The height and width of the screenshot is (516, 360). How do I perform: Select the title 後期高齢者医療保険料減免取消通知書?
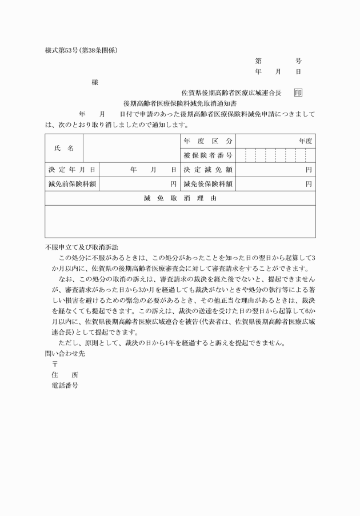181,103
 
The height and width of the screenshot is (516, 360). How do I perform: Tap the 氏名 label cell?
64,148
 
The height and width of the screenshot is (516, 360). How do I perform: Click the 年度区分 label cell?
208,141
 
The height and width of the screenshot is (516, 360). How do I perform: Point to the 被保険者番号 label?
208,155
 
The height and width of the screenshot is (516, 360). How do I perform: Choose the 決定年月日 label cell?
71,170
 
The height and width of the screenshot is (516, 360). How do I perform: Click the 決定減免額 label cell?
208,170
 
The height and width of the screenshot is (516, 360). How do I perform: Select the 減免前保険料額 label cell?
71,184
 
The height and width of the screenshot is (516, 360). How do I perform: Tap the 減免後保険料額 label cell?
208,184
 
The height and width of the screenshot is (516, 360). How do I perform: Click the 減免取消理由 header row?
180,198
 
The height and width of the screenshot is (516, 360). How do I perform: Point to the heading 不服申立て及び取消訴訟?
81,247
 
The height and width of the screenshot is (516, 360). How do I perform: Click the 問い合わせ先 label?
64,353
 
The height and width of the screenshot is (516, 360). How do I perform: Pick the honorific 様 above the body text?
95,82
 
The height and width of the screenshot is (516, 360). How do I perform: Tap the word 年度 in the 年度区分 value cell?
305,141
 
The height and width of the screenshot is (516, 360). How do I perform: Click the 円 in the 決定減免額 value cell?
309,170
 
